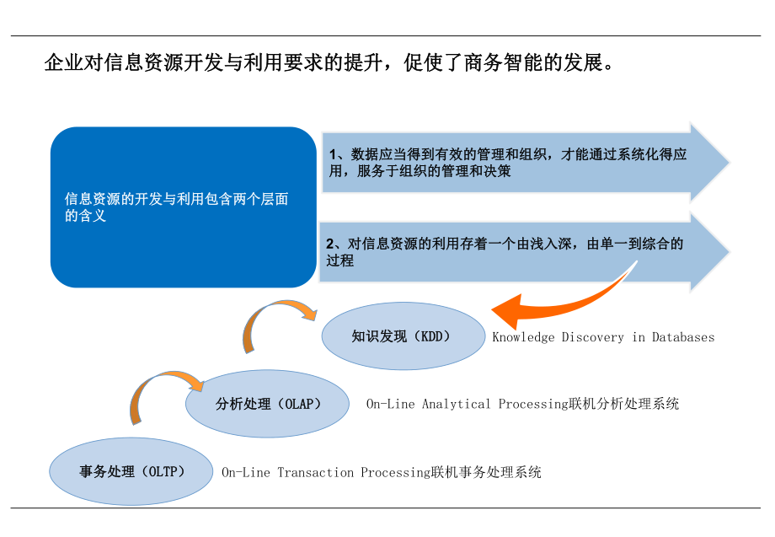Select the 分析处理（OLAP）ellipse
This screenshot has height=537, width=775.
pyautogui.click(x=267, y=404)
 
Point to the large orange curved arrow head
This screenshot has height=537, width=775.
pyautogui.click(x=505, y=313)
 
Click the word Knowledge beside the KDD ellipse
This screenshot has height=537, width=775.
pyautogui.click(x=523, y=337)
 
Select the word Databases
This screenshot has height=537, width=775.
pyautogui.click(x=682, y=337)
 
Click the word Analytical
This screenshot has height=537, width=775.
pyautogui.click(x=456, y=404)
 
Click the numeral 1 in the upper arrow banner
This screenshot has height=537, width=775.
pyautogui.click(x=333, y=154)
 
